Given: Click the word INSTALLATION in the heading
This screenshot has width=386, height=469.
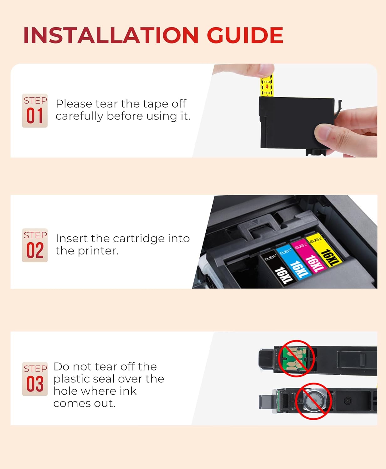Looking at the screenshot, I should (111, 35).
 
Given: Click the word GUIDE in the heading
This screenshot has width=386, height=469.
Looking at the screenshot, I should (245, 35).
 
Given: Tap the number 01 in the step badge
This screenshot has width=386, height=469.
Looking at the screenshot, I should (34, 116).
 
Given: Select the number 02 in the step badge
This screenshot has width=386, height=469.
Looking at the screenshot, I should (35, 251).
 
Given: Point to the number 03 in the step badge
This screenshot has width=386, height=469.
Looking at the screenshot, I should (35, 384).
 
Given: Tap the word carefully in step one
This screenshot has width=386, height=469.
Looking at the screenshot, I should (79, 116).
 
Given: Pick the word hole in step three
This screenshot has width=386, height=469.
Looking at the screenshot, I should (64, 391).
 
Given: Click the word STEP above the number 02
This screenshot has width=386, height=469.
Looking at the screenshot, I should (35, 235).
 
